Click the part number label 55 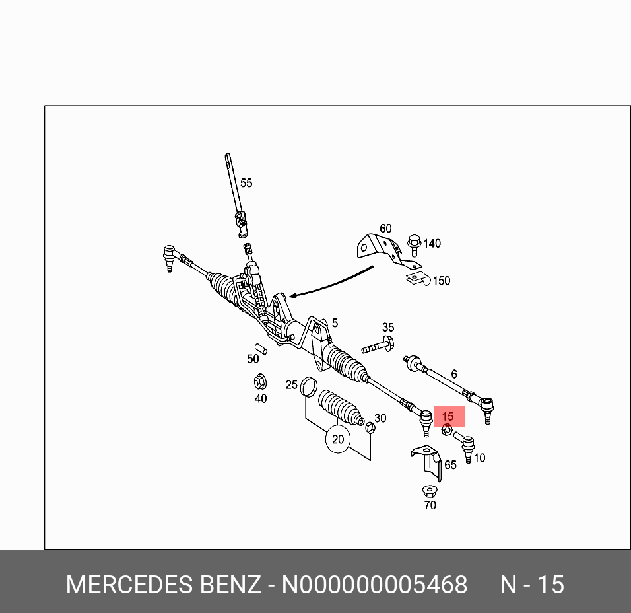point(246,183)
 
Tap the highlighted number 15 point(448,417)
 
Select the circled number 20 point(338,439)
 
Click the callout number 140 point(432,244)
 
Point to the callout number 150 point(441,281)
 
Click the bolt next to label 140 point(415,245)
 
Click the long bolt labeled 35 point(378,346)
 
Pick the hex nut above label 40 point(260,381)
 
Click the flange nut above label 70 point(430,492)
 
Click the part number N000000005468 point(374,585)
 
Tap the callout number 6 point(454,375)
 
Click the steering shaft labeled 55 point(234,192)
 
